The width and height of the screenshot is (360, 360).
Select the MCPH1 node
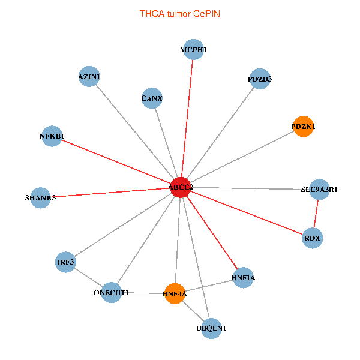(x=193, y=50)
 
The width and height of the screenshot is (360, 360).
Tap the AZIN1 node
(x=89, y=76)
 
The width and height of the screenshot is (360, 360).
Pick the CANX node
(x=152, y=98)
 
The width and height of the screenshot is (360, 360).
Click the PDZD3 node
(x=260, y=79)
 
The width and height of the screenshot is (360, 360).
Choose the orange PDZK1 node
(x=303, y=127)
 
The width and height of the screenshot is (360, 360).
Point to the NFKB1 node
(x=52, y=136)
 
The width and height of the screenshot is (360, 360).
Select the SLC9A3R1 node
(x=319, y=190)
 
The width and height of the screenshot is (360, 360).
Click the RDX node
(x=313, y=238)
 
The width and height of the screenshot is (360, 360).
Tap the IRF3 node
(x=65, y=262)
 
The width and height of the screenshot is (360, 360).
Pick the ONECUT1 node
(x=111, y=292)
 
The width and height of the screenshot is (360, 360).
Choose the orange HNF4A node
(x=175, y=293)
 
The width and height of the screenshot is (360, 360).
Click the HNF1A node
(x=243, y=278)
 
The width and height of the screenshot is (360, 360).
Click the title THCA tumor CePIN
(x=180, y=13)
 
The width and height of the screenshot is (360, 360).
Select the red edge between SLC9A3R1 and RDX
(x=316, y=214)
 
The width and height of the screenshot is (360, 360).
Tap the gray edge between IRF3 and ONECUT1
(x=88, y=277)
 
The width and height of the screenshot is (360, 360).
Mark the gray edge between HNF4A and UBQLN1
(x=193, y=311)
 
